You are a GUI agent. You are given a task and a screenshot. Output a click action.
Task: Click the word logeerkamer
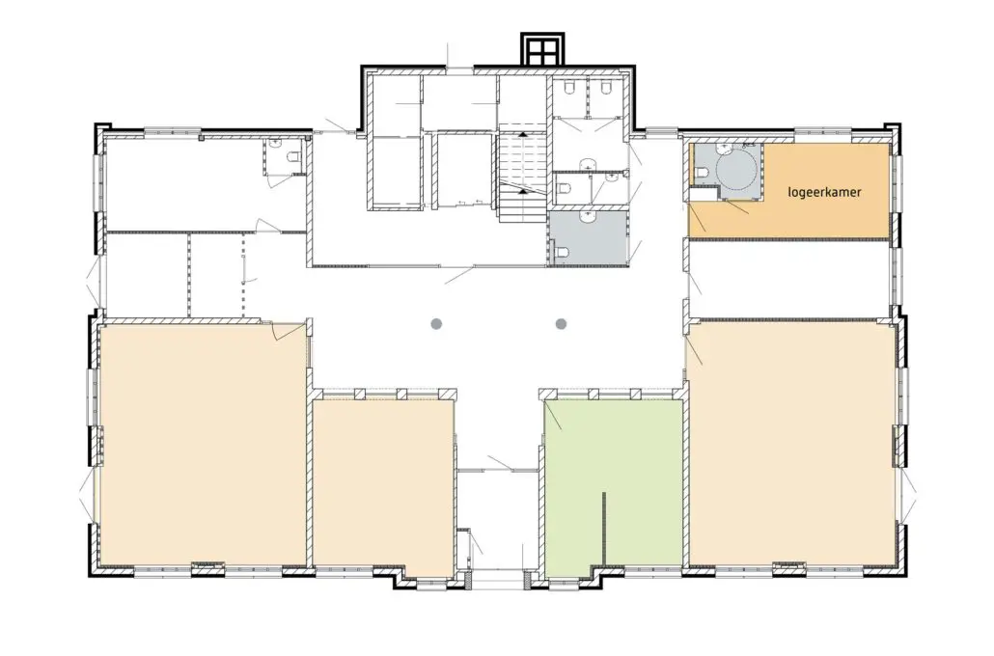(824, 191)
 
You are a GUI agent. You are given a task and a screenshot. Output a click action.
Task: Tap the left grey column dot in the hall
(436, 324)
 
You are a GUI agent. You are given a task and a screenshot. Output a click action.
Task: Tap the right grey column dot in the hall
(561, 324)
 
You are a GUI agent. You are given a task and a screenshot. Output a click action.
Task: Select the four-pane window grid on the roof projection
(543, 49)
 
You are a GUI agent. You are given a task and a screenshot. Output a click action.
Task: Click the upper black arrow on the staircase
(523, 134)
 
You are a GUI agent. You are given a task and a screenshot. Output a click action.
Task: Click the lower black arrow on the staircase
(523, 190)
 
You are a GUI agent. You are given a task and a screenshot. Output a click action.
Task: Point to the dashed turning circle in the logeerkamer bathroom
(736, 169)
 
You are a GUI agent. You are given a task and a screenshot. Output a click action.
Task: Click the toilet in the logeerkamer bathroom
(701, 172)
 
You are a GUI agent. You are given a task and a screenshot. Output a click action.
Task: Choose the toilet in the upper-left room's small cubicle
(294, 157)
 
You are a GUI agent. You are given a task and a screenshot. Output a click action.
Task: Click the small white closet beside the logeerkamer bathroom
(704, 194)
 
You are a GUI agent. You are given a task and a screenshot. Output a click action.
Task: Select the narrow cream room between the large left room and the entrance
(384, 489)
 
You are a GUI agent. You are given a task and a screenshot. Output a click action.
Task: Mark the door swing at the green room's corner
(553, 415)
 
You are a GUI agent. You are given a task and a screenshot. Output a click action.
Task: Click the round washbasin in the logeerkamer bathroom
(724, 150)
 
